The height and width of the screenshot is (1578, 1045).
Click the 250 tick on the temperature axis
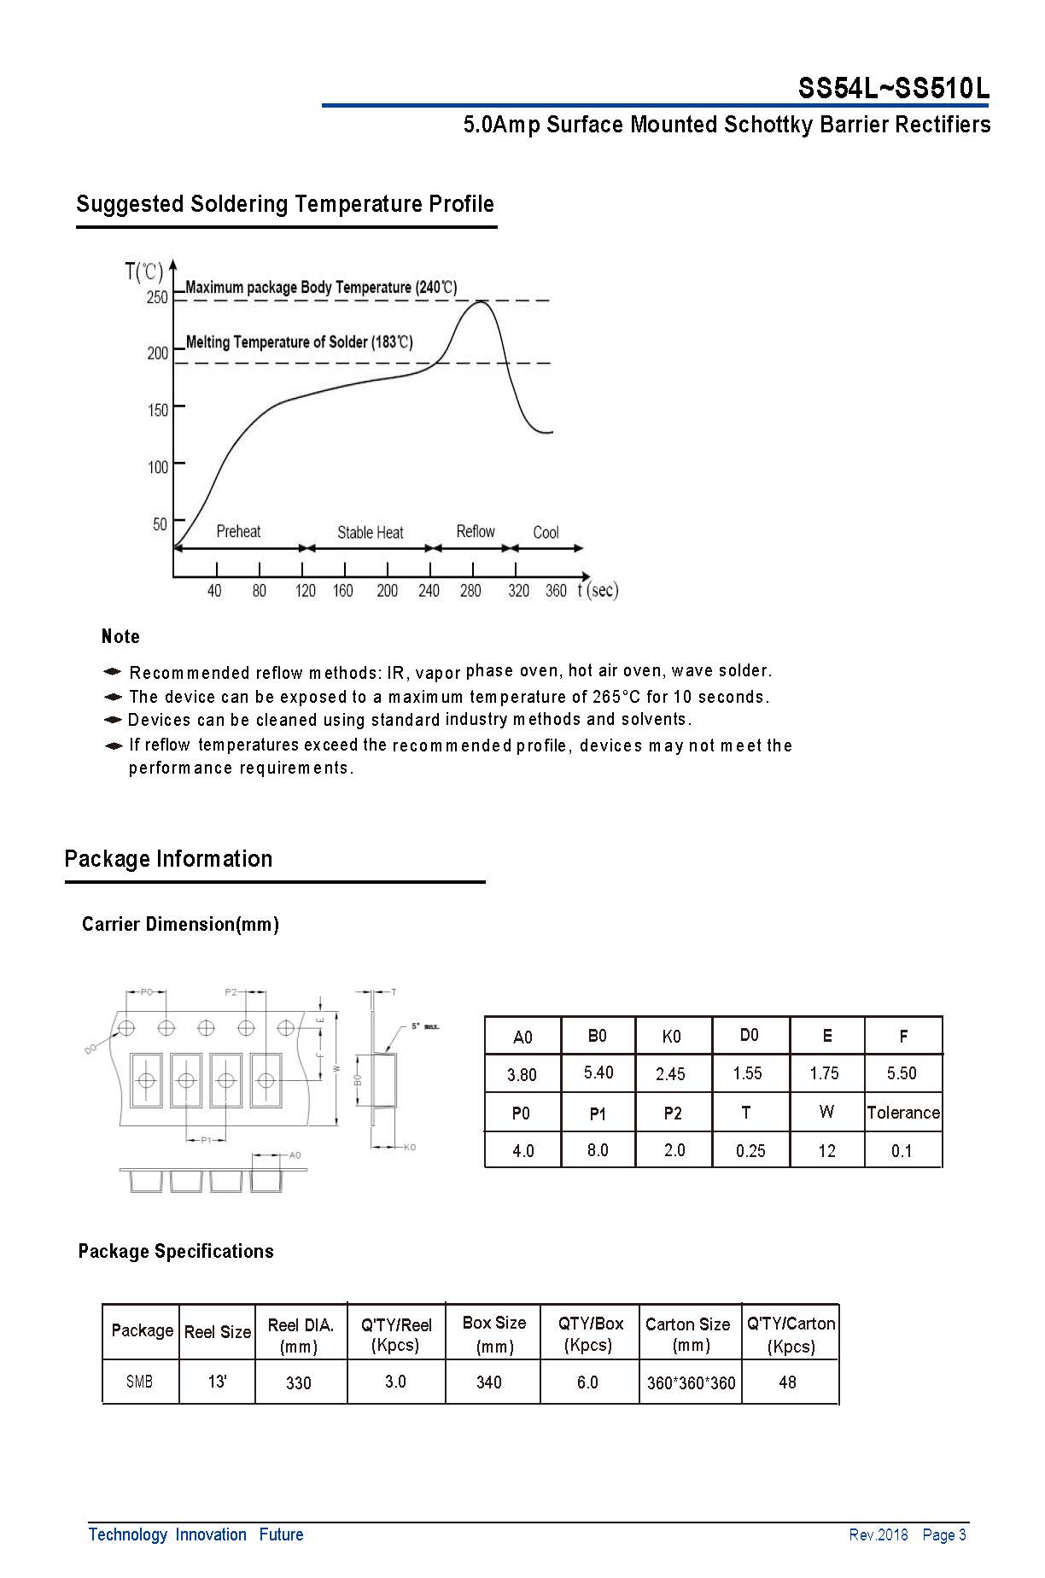[x=158, y=298]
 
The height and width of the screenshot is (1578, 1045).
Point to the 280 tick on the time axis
[x=470, y=590]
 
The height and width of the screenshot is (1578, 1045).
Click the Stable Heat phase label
[x=370, y=533]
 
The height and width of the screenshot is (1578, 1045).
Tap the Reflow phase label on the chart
[x=475, y=531]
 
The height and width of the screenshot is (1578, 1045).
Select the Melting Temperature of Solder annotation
[x=299, y=342]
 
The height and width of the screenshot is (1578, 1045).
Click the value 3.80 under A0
[x=522, y=1074]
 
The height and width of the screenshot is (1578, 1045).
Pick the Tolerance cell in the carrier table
[x=902, y=1113]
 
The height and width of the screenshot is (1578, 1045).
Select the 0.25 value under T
[x=750, y=1151]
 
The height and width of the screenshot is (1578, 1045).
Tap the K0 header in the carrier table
[x=671, y=1037]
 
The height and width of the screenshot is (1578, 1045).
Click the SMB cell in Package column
[x=139, y=1382]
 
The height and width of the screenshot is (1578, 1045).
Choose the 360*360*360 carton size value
[x=691, y=1383]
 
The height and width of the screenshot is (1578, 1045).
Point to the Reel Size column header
[x=217, y=1332]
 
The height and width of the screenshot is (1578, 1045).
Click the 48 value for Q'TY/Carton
[x=787, y=1382]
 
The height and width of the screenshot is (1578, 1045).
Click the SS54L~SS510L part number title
[x=893, y=88]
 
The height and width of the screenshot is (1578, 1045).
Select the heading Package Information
[x=168, y=859]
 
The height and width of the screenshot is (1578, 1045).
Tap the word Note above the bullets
[x=120, y=636]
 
